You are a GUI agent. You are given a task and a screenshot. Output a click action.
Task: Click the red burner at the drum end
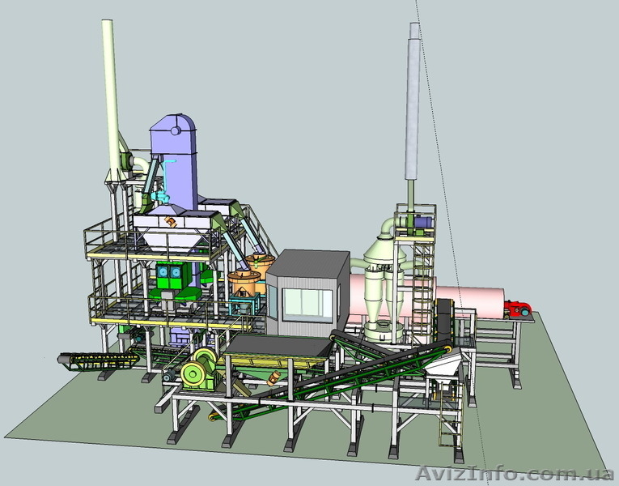[517, 309]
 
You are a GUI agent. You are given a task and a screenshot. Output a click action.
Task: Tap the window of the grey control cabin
[308, 303]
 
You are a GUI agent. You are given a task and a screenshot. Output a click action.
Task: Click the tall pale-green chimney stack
[112, 98]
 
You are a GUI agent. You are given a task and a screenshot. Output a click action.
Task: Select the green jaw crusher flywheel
[193, 373]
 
